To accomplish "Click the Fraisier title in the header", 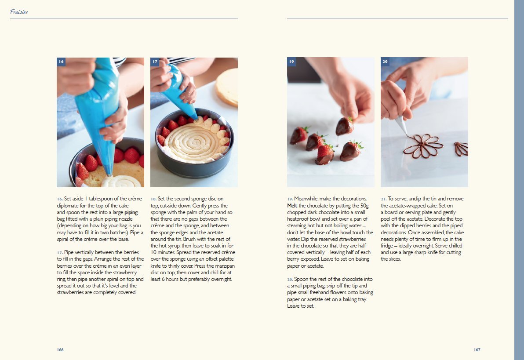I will [x=19, y=12].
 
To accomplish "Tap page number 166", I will [x=60, y=350].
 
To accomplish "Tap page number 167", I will [x=477, y=350].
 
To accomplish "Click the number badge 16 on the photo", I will [x=61, y=62].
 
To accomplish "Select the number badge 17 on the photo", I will [x=155, y=62].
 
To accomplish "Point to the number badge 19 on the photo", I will [x=291, y=62].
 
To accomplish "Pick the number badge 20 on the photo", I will [x=385, y=62].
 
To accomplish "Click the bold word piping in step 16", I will [x=131, y=212].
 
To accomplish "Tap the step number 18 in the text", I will [x=153, y=199].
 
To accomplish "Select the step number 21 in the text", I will [x=384, y=199].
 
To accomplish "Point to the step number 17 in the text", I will [x=60, y=252].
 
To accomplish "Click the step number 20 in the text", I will [x=290, y=279].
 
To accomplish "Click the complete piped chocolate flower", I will [x=423, y=145].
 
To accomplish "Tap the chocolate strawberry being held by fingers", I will [x=345, y=126].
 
